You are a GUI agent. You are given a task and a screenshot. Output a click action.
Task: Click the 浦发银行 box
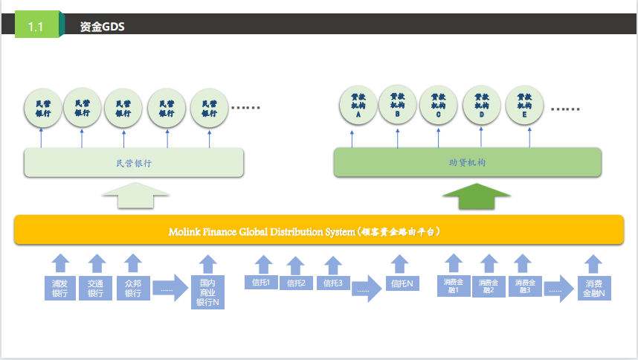(60, 288)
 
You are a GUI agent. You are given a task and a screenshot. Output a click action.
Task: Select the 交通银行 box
(96, 288)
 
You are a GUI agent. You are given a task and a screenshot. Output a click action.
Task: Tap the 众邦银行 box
(132, 288)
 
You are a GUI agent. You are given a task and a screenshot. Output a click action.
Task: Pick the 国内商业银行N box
(207, 292)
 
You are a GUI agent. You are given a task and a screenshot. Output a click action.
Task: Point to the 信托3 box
(332, 283)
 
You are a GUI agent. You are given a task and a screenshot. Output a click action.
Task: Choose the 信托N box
(402, 283)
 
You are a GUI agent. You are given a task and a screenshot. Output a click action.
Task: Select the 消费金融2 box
(488, 286)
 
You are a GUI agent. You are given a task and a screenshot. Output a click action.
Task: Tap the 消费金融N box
(593, 288)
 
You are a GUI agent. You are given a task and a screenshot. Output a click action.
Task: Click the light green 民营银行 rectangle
(134, 162)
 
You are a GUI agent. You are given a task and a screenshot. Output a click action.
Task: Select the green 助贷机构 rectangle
(467, 162)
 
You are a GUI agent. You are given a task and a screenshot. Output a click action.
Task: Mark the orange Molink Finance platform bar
(318, 230)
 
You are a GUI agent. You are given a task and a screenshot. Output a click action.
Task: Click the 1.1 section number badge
(36, 26)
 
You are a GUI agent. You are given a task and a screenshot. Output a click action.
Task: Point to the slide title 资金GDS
(102, 27)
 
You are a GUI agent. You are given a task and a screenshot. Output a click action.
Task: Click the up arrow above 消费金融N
(593, 263)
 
